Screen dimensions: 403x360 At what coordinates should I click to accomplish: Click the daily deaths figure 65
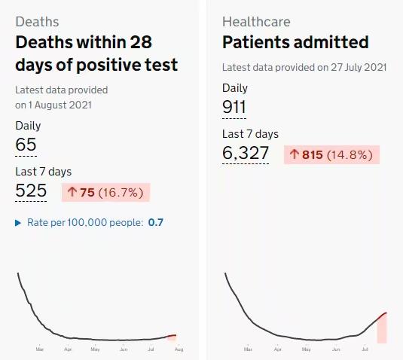(26, 145)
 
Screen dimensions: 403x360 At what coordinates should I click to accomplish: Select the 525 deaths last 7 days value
(31, 191)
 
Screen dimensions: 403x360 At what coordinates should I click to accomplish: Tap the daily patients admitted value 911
(234, 107)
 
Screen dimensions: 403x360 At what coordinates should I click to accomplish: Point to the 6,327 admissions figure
(246, 153)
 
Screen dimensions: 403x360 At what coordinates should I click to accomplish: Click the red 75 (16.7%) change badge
(105, 193)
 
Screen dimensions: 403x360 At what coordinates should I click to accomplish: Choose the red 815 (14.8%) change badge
(331, 154)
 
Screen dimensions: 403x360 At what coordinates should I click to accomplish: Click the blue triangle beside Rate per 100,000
(18, 223)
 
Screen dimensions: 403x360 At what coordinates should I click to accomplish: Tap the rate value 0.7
(155, 222)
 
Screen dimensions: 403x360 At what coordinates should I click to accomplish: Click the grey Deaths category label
(37, 22)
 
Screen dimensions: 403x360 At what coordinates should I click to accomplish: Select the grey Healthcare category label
(256, 22)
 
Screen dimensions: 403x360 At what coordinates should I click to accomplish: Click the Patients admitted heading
(295, 42)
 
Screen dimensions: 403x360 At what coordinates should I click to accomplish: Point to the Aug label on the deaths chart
(179, 349)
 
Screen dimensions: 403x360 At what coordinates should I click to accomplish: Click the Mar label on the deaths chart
(40, 349)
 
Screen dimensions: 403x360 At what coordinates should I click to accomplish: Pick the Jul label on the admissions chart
(365, 349)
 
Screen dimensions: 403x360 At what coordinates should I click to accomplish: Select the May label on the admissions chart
(306, 349)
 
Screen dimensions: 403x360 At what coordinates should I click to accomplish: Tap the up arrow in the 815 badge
(295, 154)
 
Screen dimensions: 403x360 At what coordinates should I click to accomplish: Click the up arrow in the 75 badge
(72, 192)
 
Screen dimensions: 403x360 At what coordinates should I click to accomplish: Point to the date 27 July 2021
(359, 67)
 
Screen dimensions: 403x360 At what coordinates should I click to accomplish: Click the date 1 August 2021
(60, 105)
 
